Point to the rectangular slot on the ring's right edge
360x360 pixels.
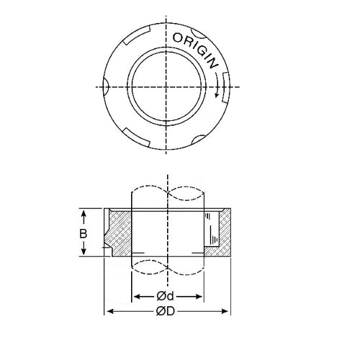(225, 85)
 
